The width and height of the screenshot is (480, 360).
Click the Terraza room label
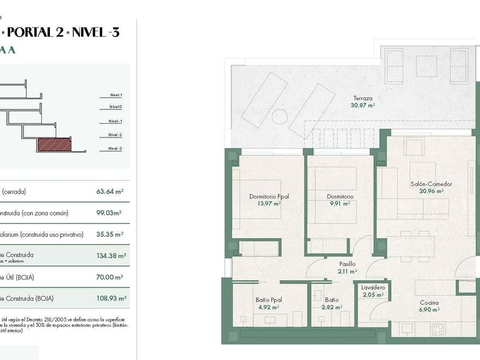[x=362, y=98]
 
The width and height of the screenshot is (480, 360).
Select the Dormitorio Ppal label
[x=264, y=196]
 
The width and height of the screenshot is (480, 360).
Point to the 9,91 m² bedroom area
[x=341, y=203]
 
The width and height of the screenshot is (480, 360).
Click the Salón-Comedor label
[x=431, y=184]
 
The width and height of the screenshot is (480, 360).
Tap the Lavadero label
[x=373, y=287]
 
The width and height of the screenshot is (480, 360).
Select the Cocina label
[x=429, y=303]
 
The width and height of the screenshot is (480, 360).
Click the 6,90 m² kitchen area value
[x=429, y=310]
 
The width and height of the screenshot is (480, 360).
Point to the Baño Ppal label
[x=269, y=301]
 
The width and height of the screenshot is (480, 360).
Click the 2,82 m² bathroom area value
[x=331, y=307]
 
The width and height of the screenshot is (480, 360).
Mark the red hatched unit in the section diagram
[x=54, y=146]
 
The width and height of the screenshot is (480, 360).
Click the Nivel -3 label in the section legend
[x=115, y=148]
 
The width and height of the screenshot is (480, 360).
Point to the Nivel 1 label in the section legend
[x=116, y=95]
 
